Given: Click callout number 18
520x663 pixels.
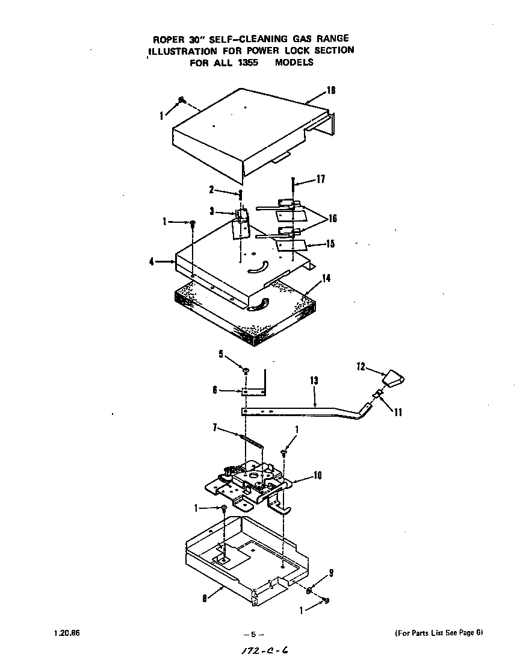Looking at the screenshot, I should (x=331, y=90).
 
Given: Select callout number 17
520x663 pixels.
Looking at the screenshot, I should (x=320, y=179).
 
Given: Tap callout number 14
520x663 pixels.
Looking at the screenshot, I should (x=326, y=278).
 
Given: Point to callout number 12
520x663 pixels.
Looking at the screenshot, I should (x=361, y=366).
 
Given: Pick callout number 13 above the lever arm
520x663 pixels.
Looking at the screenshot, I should (x=314, y=381).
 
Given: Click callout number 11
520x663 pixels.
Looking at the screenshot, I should (x=398, y=412).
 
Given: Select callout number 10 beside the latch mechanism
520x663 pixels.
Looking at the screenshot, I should (x=317, y=476).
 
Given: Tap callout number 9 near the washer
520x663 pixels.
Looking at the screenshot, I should (x=331, y=572).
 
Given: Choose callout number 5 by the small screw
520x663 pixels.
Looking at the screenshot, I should (x=221, y=353).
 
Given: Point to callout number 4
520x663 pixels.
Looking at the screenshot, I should (x=152, y=262).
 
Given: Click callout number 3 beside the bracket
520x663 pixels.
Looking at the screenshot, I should (x=211, y=211).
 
